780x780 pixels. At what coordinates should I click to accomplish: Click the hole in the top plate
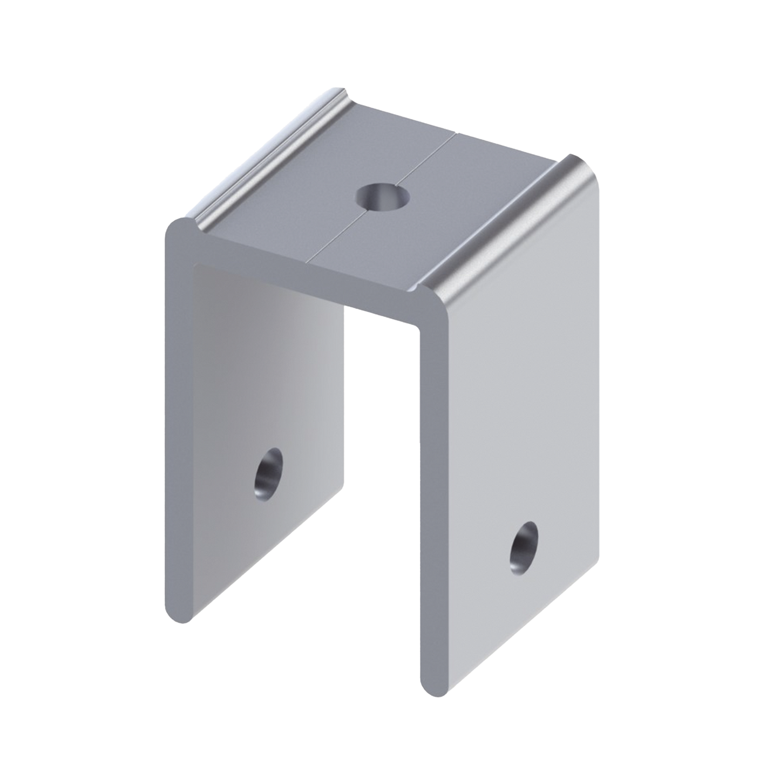383,195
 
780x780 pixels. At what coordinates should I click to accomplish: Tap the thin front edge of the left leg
178,421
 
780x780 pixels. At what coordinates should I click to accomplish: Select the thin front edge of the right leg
432,486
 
